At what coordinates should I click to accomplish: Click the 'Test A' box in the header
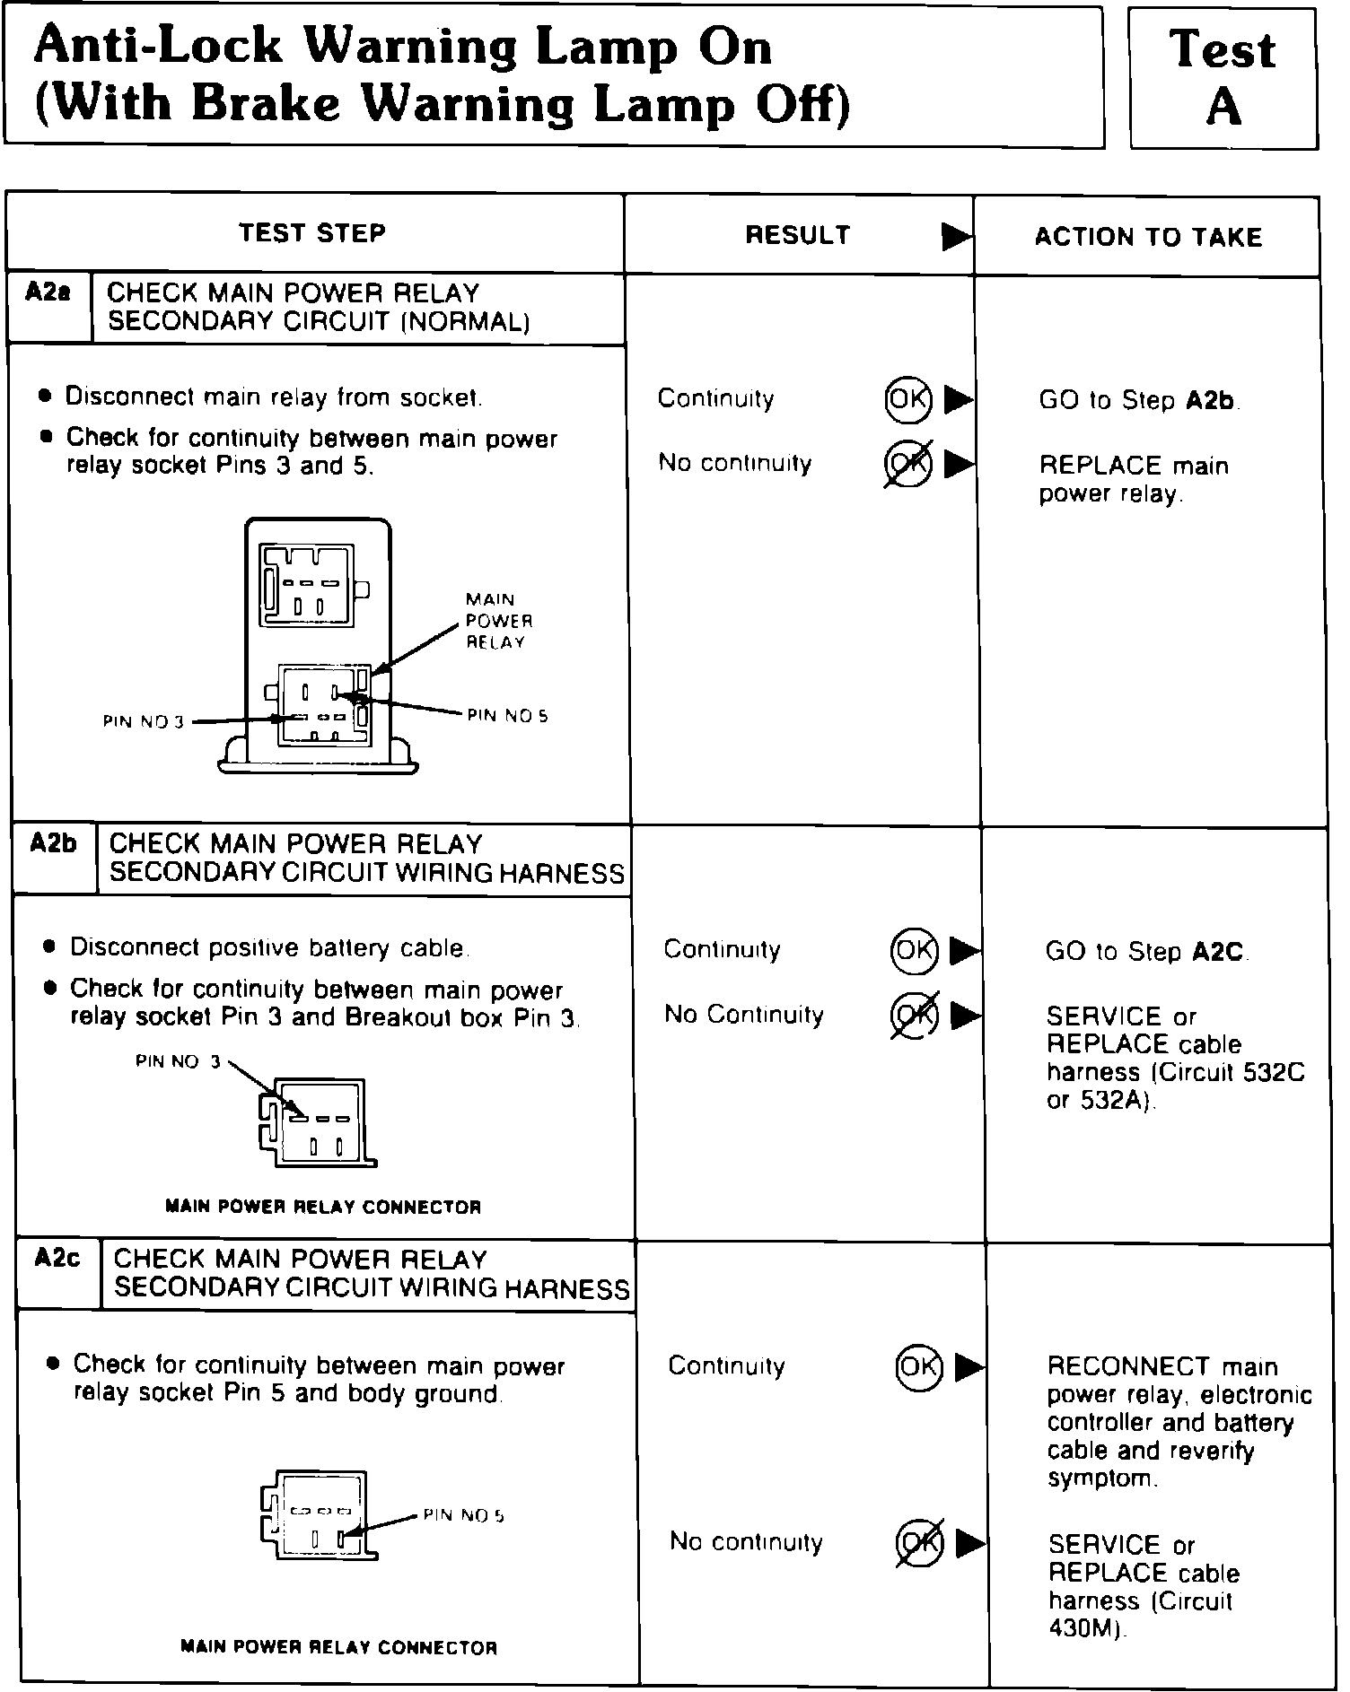(x=1223, y=78)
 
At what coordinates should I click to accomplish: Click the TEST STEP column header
(x=312, y=233)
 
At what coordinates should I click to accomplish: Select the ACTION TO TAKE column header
(x=1148, y=237)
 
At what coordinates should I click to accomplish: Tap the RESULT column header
(x=797, y=235)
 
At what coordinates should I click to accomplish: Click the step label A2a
(x=48, y=292)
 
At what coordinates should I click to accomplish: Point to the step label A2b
(x=53, y=843)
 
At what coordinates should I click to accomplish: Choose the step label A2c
(x=57, y=1259)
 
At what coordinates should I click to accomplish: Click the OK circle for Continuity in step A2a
(x=907, y=398)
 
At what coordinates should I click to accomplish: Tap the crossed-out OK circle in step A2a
(x=907, y=464)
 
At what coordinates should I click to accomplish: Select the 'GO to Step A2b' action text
(x=1138, y=400)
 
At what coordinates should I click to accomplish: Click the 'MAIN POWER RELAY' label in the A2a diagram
(x=498, y=621)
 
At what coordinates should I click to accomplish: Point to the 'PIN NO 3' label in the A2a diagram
(x=143, y=721)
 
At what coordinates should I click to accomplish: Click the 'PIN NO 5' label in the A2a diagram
(x=507, y=716)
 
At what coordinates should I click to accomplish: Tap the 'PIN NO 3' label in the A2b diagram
(x=178, y=1061)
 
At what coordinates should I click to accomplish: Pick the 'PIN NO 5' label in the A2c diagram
(x=463, y=1515)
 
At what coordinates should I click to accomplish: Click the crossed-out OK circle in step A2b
(x=914, y=1015)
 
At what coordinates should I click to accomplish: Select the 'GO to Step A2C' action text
(x=1145, y=951)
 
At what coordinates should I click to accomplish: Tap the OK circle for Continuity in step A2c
(x=918, y=1366)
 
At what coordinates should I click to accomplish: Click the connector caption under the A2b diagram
(x=323, y=1207)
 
